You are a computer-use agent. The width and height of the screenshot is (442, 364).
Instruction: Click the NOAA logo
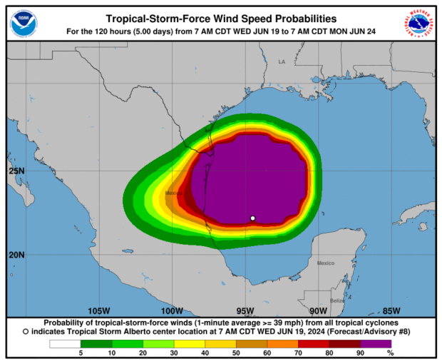point(24,24)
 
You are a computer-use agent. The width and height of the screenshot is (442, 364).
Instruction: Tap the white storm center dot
point(253,218)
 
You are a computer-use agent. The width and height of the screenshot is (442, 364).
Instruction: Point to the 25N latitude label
point(17,171)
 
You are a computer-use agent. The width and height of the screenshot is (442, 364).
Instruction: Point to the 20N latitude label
point(17,255)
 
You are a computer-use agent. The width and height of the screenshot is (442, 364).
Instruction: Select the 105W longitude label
point(98,310)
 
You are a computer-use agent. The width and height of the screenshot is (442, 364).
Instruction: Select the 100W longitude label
point(172,310)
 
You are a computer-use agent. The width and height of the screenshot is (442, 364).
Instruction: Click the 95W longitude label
point(245,310)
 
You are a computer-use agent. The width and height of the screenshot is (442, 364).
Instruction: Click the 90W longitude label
point(319,310)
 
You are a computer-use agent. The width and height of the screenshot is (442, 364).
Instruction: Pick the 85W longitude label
point(391,310)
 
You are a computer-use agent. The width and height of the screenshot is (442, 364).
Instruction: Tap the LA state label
point(281,62)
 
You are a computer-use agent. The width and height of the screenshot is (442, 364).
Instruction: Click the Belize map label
point(337,300)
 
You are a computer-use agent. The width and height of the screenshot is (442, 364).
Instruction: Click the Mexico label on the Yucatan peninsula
point(326,263)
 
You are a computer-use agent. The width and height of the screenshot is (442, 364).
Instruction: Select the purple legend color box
point(378,344)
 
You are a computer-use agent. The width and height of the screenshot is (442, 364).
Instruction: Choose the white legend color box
point(64,344)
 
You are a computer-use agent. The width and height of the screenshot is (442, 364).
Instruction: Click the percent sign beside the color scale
point(389,353)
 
